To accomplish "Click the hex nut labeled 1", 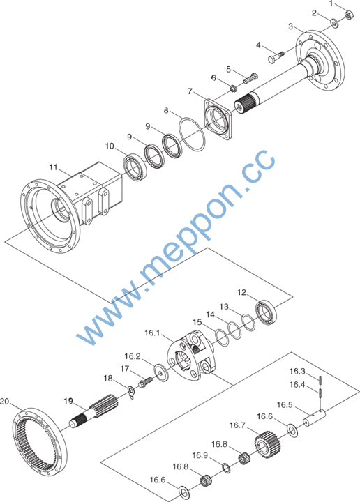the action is [x=349, y=15].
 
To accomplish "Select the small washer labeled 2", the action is [x=335, y=23].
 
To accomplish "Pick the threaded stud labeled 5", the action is [x=250, y=78].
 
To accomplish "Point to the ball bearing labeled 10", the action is [x=135, y=167].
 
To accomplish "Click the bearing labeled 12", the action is [x=267, y=312].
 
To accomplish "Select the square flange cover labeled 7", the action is [x=218, y=120].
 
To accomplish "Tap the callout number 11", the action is [x=54, y=167].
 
